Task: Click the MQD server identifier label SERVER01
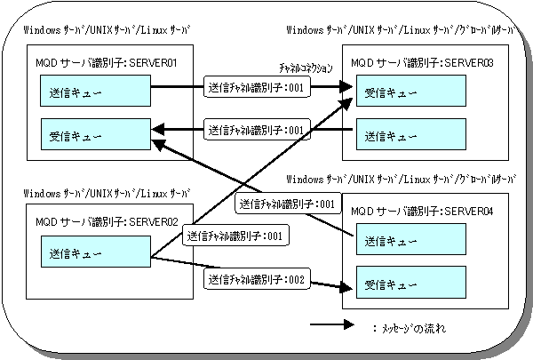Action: (x=107, y=62)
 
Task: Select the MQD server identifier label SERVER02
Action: (x=107, y=222)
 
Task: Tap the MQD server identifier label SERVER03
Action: (x=422, y=62)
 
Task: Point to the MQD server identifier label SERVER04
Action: (x=422, y=212)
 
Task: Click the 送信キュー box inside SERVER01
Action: (x=96, y=91)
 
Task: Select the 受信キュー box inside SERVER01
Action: (x=96, y=134)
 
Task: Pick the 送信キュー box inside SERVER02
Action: (x=96, y=252)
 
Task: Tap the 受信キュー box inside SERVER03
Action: (x=411, y=91)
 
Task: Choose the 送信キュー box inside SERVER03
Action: (x=411, y=134)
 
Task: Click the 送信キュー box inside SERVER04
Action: (x=411, y=239)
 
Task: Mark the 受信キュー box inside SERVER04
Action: (x=411, y=283)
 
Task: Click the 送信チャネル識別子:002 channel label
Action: (x=257, y=279)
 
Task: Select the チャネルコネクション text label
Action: (x=306, y=68)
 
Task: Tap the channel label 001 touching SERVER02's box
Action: (x=235, y=236)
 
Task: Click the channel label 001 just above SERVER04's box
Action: (x=288, y=204)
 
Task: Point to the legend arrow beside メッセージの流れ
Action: (x=331, y=324)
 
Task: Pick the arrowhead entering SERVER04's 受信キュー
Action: (x=346, y=287)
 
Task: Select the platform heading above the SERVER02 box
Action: (x=107, y=193)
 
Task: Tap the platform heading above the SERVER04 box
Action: (x=402, y=179)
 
